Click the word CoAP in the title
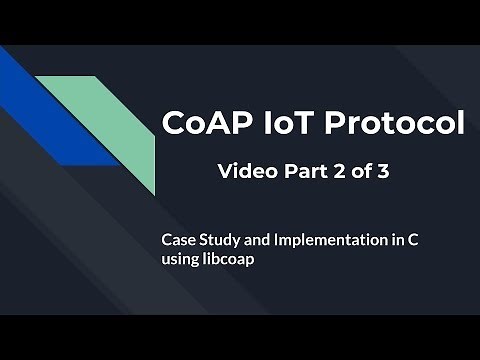point(203,123)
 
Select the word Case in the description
point(179,241)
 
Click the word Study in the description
point(222,241)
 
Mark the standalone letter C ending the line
point(417,241)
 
